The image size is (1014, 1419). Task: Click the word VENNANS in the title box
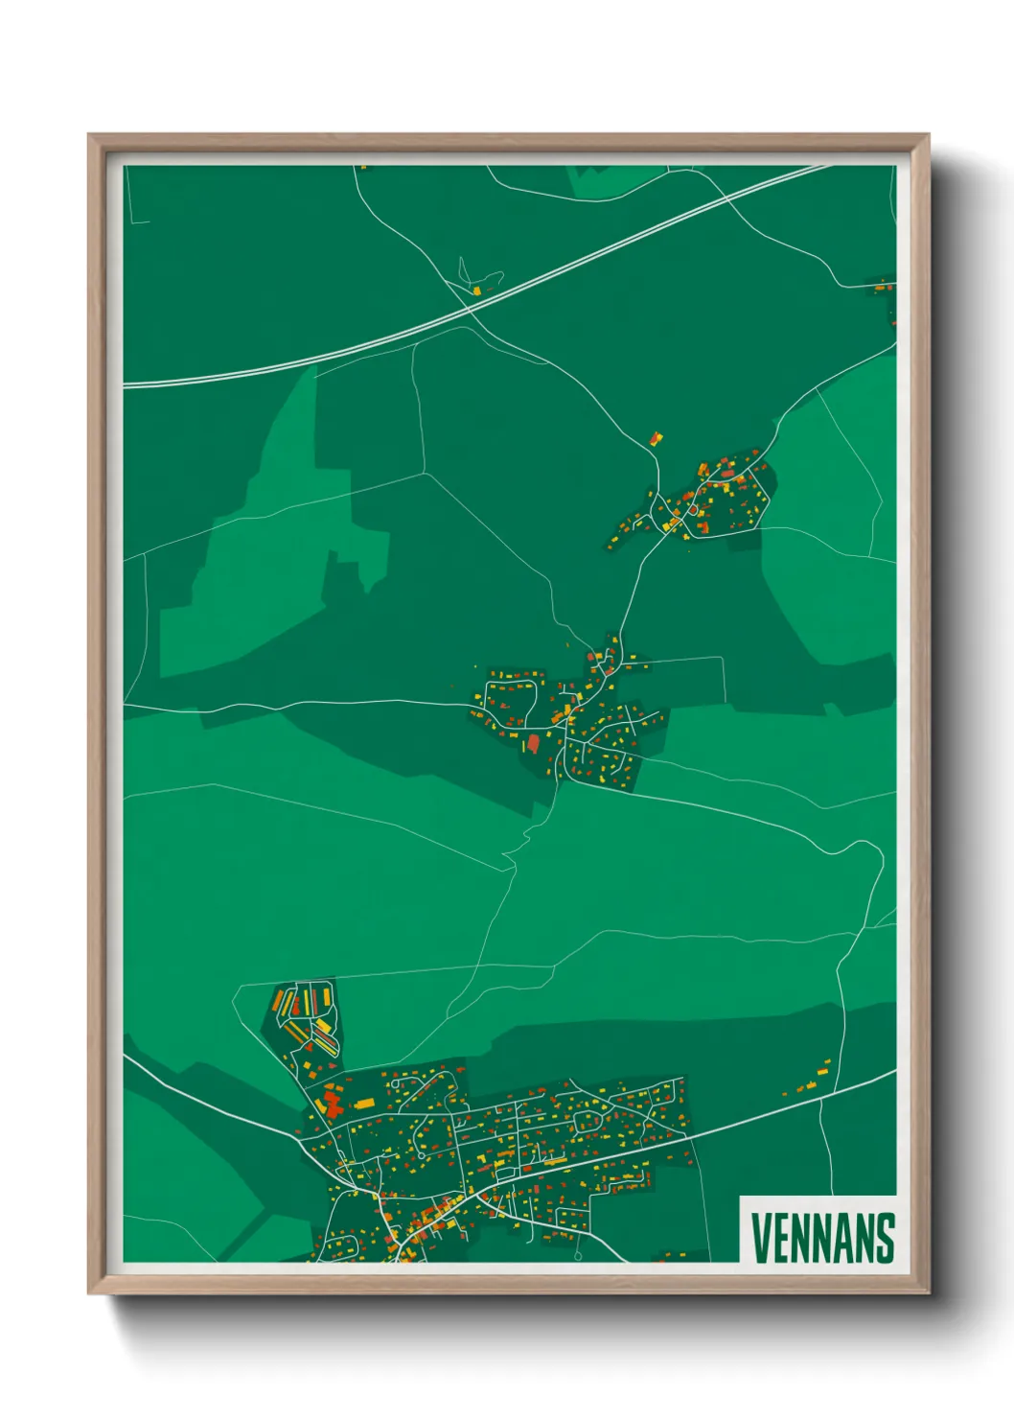[822, 1238]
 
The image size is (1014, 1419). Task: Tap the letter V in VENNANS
[759, 1238]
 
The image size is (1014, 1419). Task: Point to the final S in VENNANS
[886, 1238]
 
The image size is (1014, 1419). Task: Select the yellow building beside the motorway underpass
[476, 290]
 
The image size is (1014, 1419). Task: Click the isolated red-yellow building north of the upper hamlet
[656, 439]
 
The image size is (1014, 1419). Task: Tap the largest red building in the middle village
[534, 742]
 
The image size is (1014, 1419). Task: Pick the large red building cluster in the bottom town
[332, 1103]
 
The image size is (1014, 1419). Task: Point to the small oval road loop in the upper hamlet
[692, 510]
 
